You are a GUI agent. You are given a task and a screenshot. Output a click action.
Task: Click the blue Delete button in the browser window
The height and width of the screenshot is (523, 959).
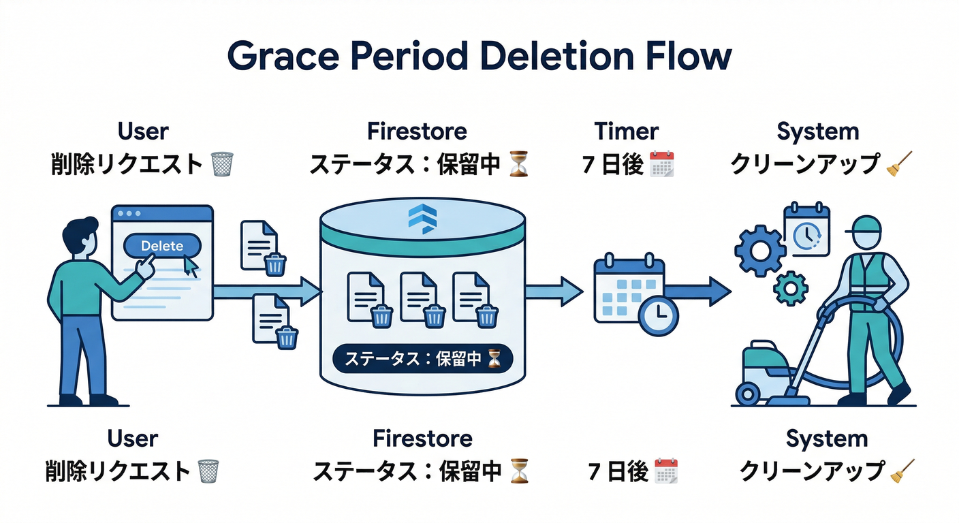[162, 246]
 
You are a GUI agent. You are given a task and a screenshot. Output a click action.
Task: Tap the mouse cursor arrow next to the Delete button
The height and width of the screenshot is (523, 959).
[191, 267]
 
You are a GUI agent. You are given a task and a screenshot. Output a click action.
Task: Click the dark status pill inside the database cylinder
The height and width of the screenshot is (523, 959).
[422, 360]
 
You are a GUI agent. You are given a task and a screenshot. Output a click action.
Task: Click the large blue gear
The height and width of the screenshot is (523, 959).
[759, 251]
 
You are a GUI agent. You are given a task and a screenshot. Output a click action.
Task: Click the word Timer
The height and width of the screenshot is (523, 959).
[626, 131]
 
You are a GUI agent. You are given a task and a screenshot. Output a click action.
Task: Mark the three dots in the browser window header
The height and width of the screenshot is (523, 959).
[127, 213]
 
